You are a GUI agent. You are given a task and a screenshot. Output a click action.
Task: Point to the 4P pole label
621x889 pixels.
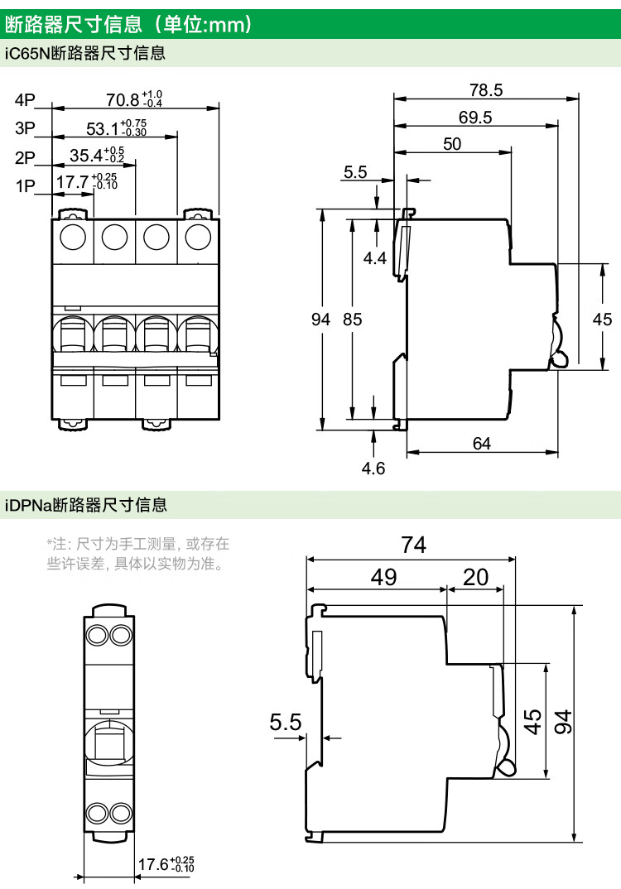point(25,100)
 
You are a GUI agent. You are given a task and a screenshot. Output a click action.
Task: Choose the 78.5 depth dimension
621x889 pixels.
point(486,90)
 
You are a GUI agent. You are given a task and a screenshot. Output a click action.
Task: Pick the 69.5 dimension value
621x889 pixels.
point(475,118)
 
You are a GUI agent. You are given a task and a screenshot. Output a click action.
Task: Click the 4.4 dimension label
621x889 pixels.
point(375,258)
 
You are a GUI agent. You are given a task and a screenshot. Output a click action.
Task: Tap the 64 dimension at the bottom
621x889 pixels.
point(482,444)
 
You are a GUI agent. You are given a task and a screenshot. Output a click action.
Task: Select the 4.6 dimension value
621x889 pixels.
point(373,469)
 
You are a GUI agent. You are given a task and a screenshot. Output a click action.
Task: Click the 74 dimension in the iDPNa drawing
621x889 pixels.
point(412,545)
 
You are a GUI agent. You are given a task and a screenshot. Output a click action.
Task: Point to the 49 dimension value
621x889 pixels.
point(383,577)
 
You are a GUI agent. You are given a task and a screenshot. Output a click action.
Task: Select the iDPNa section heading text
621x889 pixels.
point(86,504)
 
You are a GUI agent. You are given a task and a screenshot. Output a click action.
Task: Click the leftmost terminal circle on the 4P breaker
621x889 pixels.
point(73,238)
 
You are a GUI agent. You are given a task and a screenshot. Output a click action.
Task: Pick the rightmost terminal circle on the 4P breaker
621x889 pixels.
point(197,238)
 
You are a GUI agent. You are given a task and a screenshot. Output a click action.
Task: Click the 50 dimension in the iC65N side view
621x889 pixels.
point(452,144)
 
